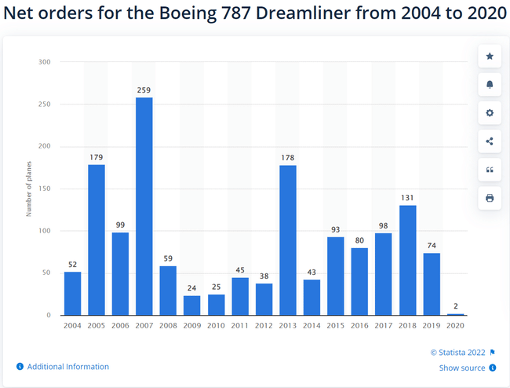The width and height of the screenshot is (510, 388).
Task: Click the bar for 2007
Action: pyautogui.click(x=144, y=207)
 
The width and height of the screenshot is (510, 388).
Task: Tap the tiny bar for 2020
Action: pyautogui.click(x=456, y=314)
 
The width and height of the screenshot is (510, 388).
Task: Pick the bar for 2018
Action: pyautogui.click(x=408, y=260)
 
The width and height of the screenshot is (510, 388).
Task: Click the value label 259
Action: pyautogui.click(x=144, y=90)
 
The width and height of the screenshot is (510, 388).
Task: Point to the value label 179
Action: pyautogui.click(x=97, y=158)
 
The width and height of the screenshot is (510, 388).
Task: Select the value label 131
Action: pyautogui.click(x=408, y=198)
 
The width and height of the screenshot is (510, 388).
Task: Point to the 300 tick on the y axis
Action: pyautogui.click(x=45, y=62)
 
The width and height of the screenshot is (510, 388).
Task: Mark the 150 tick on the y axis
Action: pyautogui.click(x=45, y=189)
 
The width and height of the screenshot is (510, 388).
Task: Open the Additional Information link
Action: pyautogui.click(x=67, y=367)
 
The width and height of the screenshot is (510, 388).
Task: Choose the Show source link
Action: pyautogui.click(x=462, y=368)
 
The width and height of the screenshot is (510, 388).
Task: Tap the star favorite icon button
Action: pyautogui.click(x=490, y=57)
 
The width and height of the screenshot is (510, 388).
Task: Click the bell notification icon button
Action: pyautogui.click(x=490, y=85)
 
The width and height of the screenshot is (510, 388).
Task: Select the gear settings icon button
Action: pyautogui.click(x=490, y=113)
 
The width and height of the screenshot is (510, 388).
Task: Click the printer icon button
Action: pyautogui.click(x=490, y=198)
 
